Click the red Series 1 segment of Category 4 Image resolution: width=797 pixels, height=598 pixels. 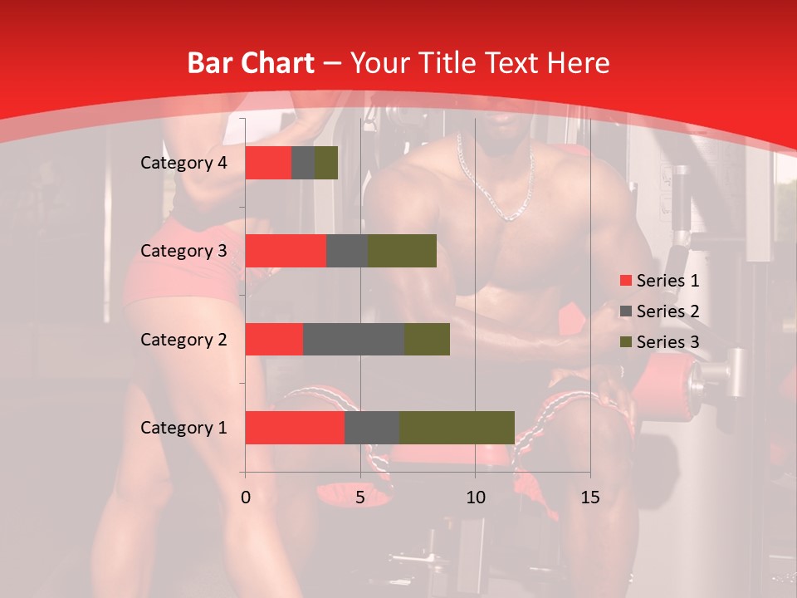click(268, 163)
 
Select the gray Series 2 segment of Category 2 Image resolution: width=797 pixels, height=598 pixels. click(354, 339)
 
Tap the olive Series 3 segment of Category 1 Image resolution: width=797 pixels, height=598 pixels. click(457, 428)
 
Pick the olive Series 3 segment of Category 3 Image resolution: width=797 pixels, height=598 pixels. click(402, 251)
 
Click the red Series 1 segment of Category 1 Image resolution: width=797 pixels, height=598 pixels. click(295, 428)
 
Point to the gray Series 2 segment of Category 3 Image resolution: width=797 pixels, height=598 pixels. click(347, 251)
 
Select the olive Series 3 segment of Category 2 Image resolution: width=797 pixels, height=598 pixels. click(427, 339)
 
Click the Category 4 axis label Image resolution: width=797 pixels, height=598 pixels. click(183, 163)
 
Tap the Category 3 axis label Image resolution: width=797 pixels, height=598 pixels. click(183, 251)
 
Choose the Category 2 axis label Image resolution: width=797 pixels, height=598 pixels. click(183, 339)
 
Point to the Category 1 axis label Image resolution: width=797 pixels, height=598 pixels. click(183, 428)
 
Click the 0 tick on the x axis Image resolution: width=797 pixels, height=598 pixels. click(246, 498)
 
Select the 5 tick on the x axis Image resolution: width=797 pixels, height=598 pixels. click(360, 498)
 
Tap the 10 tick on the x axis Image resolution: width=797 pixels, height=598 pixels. click(475, 498)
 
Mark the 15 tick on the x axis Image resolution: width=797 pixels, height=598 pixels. click(590, 498)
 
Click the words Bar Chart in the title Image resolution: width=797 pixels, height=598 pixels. click(251, 63)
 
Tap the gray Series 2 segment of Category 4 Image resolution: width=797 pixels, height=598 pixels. click(303, 163)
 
